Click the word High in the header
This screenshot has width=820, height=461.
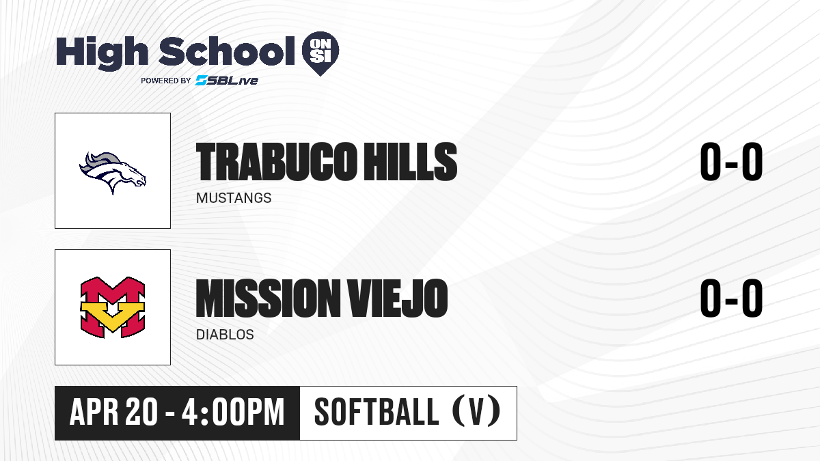[x=102, y=53]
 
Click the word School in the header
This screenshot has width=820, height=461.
[x=227, y=51]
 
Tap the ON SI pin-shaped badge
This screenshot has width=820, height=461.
[x=320, y=53]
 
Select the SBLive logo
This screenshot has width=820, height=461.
[x=227, y=81]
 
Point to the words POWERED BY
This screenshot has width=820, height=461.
[x=166, y=81]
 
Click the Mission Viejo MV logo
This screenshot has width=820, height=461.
[x=113, y=307]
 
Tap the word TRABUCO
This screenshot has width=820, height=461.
[x=276, y=162]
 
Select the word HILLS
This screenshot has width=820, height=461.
[x=411, y=162]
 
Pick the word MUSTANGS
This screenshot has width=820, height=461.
[x=234, y=198]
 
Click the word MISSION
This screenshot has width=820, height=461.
[x=269, y=298]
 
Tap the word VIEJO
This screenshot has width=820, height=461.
[x=398, y=298]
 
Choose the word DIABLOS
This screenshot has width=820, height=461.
[x=225, y=335]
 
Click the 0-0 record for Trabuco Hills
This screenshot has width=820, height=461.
[x=731, y=162]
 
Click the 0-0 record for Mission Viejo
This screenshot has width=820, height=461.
[x=731, y=298]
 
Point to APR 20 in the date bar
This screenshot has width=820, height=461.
[x=113, y=412]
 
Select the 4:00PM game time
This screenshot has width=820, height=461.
[x=233, y=412]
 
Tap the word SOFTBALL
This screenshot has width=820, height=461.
[x=377, y=412]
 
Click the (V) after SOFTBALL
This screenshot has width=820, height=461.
[x=476, y=411]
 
